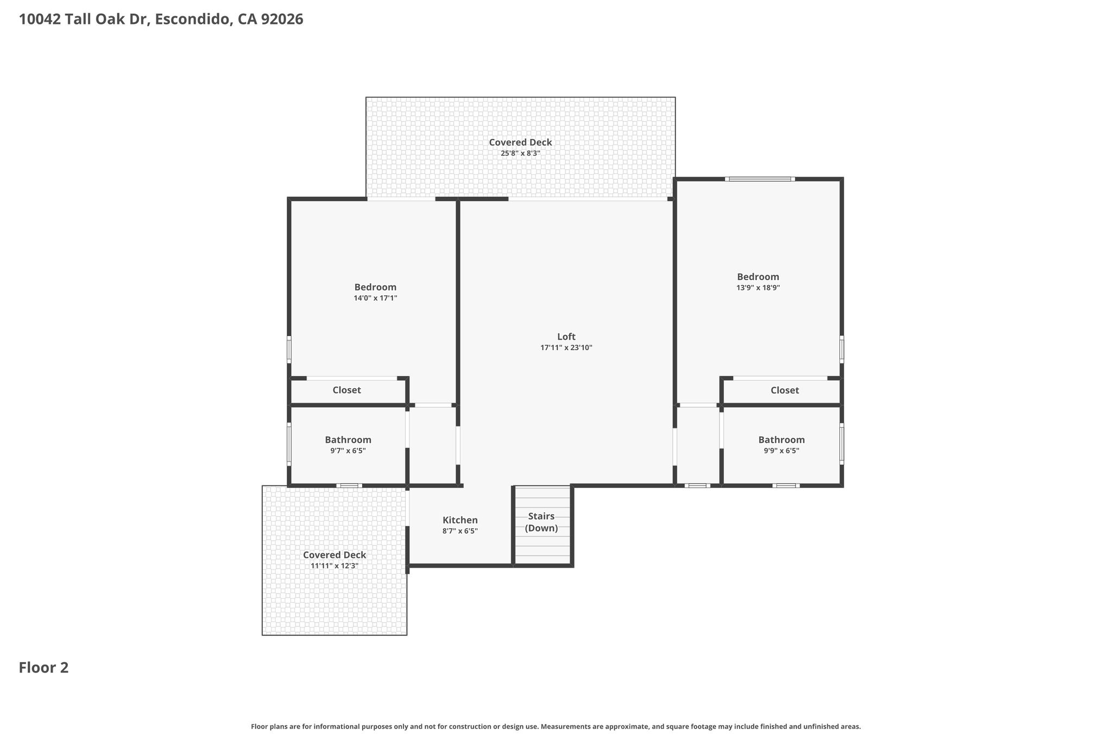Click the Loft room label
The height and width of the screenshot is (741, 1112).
coord(566,337)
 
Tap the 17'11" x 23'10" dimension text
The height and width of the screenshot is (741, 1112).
coord(566,348)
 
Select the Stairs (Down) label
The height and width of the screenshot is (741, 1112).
coord(541,522)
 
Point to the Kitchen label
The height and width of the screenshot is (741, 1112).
coord(460,520)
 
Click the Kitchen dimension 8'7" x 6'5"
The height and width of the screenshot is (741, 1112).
coord(460,531)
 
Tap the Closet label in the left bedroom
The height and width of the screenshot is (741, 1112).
coord(346,390)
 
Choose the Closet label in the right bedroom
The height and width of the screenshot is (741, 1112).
coord(785,390)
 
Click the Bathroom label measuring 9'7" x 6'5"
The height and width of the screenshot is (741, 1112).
coord(348,440)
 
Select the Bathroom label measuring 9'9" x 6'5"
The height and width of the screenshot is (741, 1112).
coord(781,440)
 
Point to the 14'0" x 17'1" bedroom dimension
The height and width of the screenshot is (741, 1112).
coord(375,299)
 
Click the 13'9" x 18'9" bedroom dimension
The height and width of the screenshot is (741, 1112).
coord(758,288)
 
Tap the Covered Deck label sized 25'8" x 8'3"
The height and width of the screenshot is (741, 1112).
coord(520,142)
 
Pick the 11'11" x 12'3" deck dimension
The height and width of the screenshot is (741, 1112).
coord(334,566)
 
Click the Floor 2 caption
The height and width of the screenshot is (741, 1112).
coord(43,668)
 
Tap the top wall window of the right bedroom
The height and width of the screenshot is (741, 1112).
coord(760,179)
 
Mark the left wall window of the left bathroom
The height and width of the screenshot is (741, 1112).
coord(289,444)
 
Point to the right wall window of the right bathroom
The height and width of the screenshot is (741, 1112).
coord(842,444)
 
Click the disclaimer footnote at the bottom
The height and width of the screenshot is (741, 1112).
coord(556,726)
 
